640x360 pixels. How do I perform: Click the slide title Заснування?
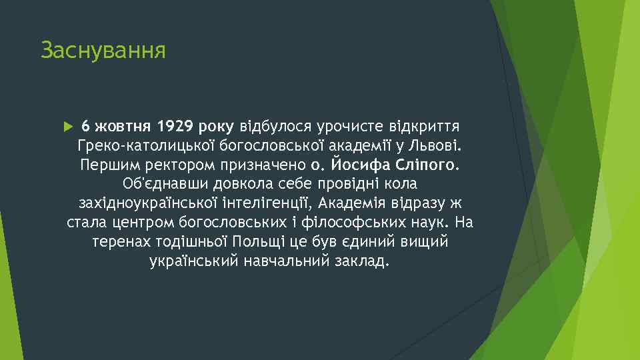(103, 50)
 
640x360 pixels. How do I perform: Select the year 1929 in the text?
(176, 126)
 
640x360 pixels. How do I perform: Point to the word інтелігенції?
(275, 203)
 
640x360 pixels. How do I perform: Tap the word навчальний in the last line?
(287, 260)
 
